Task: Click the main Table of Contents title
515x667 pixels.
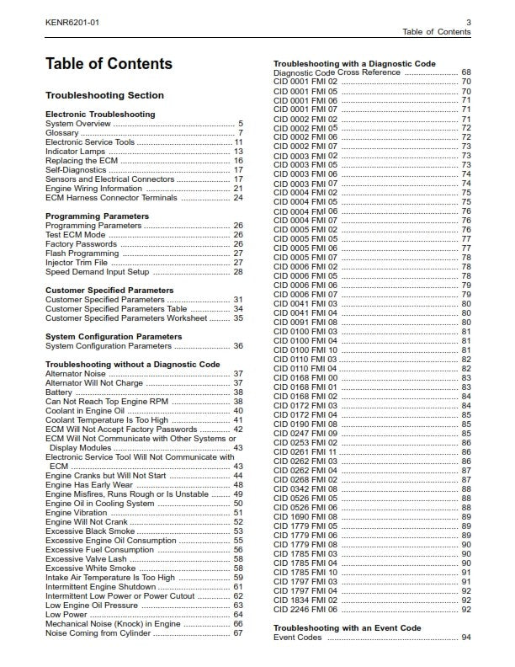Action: [109, 64]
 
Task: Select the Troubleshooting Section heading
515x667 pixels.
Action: [104, 95]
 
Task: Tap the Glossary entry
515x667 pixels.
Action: [63, 133]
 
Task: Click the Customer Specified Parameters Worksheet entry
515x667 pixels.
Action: [125, 318]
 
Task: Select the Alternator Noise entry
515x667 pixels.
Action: [76, 374]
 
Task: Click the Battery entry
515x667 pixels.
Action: [59, 392]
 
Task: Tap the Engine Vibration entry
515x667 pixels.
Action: [77, 513]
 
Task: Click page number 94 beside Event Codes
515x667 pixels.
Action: [465, 638]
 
